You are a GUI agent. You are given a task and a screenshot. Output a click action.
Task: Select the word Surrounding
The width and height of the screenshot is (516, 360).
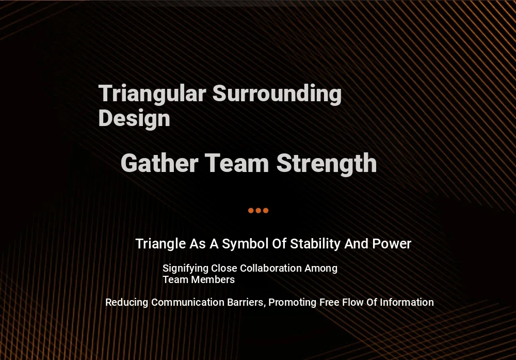click(x=277, y=93)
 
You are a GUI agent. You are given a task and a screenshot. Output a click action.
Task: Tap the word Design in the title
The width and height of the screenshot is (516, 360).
click(x=134, y=118)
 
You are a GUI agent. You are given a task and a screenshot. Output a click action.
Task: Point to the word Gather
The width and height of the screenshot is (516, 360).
click(x=159, y=163)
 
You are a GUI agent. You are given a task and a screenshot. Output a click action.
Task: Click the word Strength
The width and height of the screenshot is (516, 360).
click(x=327, y=163)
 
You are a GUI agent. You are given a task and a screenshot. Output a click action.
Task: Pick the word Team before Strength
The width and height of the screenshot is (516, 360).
click(x=237, y=163)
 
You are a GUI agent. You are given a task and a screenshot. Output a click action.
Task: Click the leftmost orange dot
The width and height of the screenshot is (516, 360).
click(x=251, y=210)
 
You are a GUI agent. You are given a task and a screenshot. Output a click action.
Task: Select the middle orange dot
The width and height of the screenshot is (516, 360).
click(x=259, y=210)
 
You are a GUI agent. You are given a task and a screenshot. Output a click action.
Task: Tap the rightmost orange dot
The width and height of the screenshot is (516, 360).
click(x=266, y=210)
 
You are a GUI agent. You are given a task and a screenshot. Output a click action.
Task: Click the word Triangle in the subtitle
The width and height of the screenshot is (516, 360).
click(x=160, y=244)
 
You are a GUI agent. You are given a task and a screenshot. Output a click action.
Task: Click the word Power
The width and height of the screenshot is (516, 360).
click(x=392, y=244)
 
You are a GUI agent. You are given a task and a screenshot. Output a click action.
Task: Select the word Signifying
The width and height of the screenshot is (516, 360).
click(x=186, y=269)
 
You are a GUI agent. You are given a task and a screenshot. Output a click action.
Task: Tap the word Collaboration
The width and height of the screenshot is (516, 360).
click(x=271, y=268)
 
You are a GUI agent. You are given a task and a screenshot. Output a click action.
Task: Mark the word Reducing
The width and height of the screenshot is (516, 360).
click(x=127, y=302)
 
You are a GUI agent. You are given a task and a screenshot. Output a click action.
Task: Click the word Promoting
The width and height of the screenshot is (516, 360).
click(x=293, y=302)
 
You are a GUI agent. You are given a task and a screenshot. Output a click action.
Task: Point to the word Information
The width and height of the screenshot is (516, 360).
click(x=407, y=302)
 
